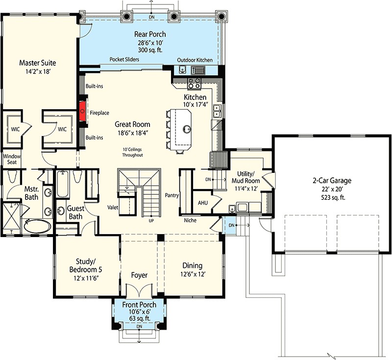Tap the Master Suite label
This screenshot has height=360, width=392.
tap(38, 63)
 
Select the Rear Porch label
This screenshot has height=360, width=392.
tap(150, 34)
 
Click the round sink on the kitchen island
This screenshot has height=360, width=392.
tap(187, 129)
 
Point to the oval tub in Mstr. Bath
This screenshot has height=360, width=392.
tap(38, 226)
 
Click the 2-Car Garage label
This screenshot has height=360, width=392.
tap(332, 180)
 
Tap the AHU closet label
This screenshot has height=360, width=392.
tap(203, 203)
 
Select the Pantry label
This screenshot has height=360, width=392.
tap(172, 195)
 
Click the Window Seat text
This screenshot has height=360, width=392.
tap(12, 159)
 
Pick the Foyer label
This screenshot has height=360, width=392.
tap(139, 275)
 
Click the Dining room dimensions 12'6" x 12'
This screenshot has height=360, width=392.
tap(193, 274)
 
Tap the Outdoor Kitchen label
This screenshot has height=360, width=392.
tap(195, 60)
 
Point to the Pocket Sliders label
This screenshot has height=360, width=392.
tap(124, 59)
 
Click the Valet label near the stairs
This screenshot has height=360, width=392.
tap(113, 207)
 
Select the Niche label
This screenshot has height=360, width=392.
tap(190, 220)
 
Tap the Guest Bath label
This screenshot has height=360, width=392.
tap(75, 213)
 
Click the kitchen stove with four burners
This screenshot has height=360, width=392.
tap(194, 83)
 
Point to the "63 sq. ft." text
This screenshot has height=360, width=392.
tap(140, 318)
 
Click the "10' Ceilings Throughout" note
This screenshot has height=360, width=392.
tap(132, 152)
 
